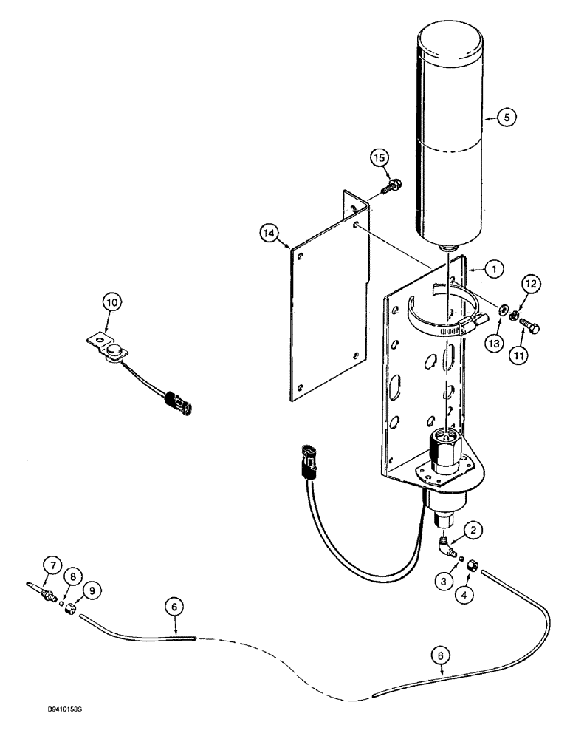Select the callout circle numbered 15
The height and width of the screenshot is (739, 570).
tap(379, 158)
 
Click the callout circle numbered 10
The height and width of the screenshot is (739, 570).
tap(111, 302)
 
